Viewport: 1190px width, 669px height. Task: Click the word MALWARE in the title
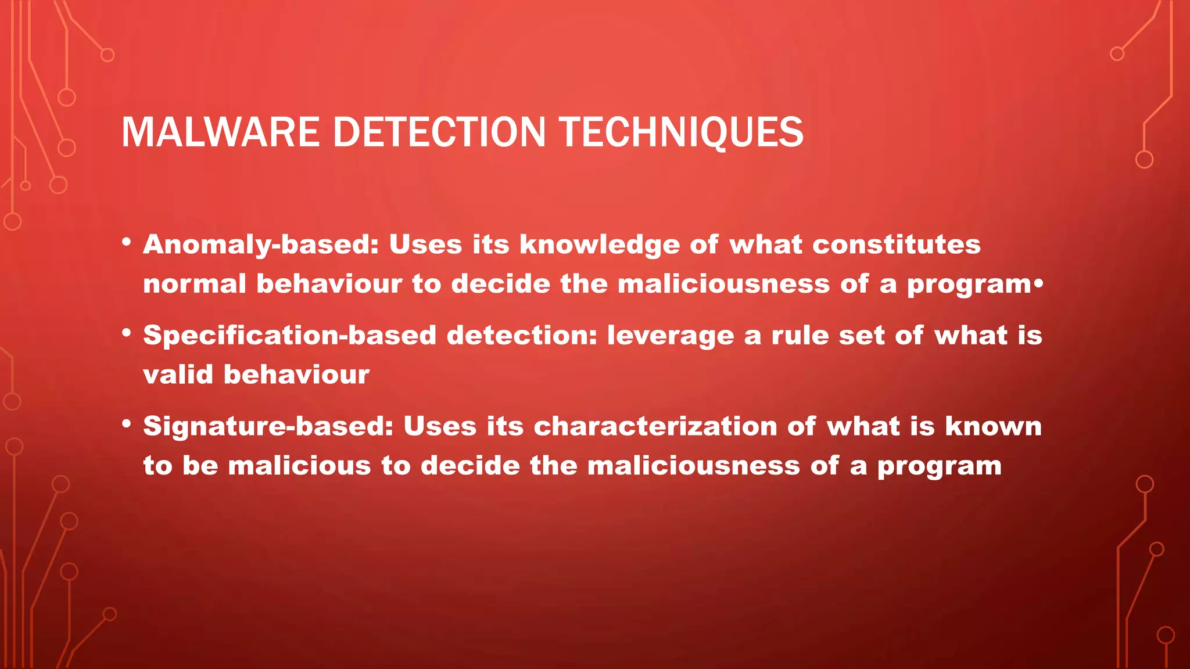click(220, 132)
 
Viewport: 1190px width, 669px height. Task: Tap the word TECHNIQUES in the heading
click(681, 132)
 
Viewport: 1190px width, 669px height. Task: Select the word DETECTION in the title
click(439, 132)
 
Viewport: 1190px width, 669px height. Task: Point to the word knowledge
click(599, 245)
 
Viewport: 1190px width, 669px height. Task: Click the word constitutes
click(896, 244)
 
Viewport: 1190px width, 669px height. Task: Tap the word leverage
click(670, 336)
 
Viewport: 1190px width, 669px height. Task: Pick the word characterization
click(655, 427)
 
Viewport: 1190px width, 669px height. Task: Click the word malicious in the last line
click(299, 466)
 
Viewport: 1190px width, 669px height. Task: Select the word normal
click(195, 285)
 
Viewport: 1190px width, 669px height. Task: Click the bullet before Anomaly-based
click(127, 243)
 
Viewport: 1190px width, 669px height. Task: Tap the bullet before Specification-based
click(127, 333)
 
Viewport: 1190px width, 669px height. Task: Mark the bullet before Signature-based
click(127, 425)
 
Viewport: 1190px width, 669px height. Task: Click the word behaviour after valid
click(296, 375)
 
